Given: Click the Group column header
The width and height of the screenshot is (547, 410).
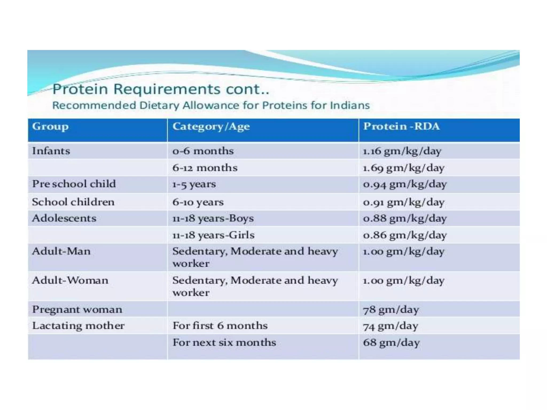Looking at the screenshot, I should pos(50,127).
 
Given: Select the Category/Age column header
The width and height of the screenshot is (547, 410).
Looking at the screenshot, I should pos(211,127).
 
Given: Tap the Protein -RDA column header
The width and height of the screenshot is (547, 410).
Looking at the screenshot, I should pos(401,126).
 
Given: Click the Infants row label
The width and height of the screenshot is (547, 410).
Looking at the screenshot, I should pos(51,151).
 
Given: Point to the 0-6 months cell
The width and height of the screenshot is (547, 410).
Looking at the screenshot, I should pos(203,151).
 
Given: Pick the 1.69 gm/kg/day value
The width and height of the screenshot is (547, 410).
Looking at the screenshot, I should pos(403,168).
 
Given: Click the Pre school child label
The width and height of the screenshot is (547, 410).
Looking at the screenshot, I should pos(74,184).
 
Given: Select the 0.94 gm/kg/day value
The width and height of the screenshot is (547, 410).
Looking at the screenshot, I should pos(404,184).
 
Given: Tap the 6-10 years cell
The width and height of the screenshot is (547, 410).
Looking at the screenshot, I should pos(198,202).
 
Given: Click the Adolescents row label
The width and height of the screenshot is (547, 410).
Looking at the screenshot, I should pos(64,218).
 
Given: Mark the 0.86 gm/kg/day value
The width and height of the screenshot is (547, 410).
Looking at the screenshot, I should pos(404,235).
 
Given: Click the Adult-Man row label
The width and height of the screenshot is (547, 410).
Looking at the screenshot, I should pos(61,251).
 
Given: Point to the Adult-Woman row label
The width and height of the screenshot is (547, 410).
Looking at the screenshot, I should pos(70,280).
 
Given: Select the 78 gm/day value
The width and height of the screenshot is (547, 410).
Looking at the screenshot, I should pos(391,310).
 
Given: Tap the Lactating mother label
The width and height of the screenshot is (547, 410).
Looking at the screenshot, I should pos(78,326).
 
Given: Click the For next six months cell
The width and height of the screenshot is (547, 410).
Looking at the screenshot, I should pos(224,342).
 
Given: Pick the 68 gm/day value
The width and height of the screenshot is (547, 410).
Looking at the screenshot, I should pos(391,342).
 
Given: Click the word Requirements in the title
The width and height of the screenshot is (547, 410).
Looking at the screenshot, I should pos(167,89).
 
